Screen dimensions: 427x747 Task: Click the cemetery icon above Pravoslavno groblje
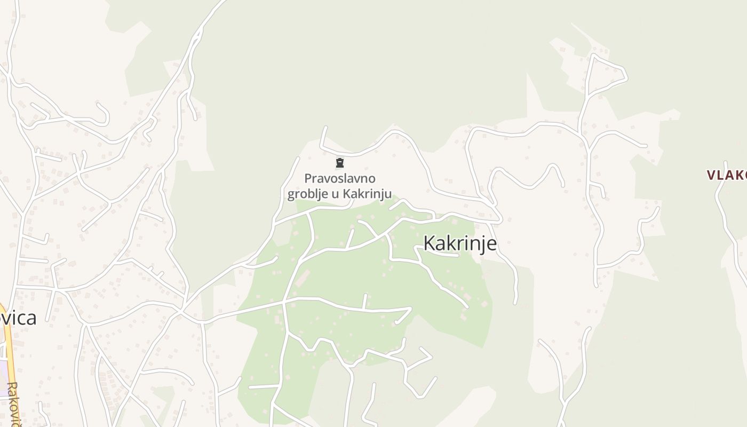[x=339, y=163]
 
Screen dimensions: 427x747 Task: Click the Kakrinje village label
[x=459, y=243]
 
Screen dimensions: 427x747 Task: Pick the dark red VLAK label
[x=727, y=175]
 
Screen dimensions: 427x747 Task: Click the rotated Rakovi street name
[x=14, y=403]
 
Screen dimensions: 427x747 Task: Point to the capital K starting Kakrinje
[x=429, y=243]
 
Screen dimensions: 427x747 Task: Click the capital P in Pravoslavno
[x=308, y=178]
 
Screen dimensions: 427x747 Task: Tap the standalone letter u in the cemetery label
[x=335, y=194]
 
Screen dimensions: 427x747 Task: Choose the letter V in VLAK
[x=712, y=175]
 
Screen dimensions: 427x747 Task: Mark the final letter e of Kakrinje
[x=491, y=244]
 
